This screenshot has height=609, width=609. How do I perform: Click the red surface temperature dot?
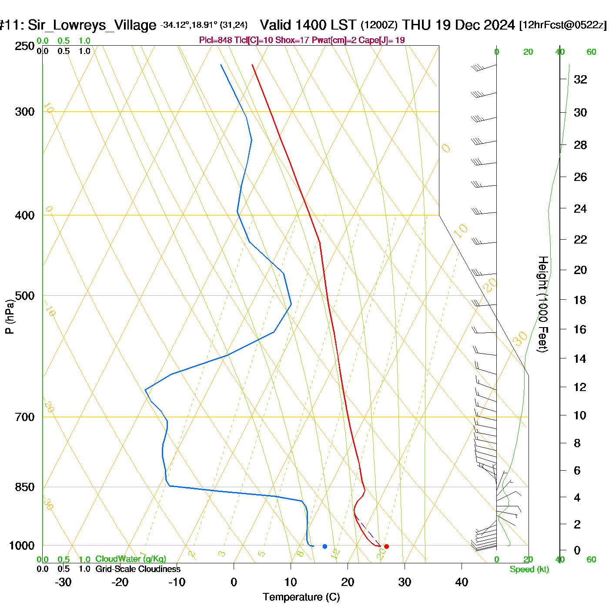tap(386, 546)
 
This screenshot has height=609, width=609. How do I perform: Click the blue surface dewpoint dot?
tap(325, 546)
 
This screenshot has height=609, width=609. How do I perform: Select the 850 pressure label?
tap(25, 487)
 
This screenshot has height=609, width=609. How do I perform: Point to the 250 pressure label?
tap(25, 46)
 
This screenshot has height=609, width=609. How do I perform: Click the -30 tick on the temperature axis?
tap(63, 582)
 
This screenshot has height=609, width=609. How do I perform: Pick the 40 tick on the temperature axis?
tap(462, 582)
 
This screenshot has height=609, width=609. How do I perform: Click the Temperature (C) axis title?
tap(301, 597)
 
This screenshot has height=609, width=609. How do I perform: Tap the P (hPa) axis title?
tap(10, 317)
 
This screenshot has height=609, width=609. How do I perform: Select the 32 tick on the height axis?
tap(580, 79)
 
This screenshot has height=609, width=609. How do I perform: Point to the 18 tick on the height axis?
tap(580, 300)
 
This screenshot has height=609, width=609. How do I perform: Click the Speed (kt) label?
tap(529, 569)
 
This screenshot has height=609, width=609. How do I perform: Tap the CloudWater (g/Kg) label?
tap(130, 559)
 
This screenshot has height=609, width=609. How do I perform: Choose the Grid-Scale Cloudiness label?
tap(138, 569)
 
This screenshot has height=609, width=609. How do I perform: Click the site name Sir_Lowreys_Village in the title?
tap(92, 25)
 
